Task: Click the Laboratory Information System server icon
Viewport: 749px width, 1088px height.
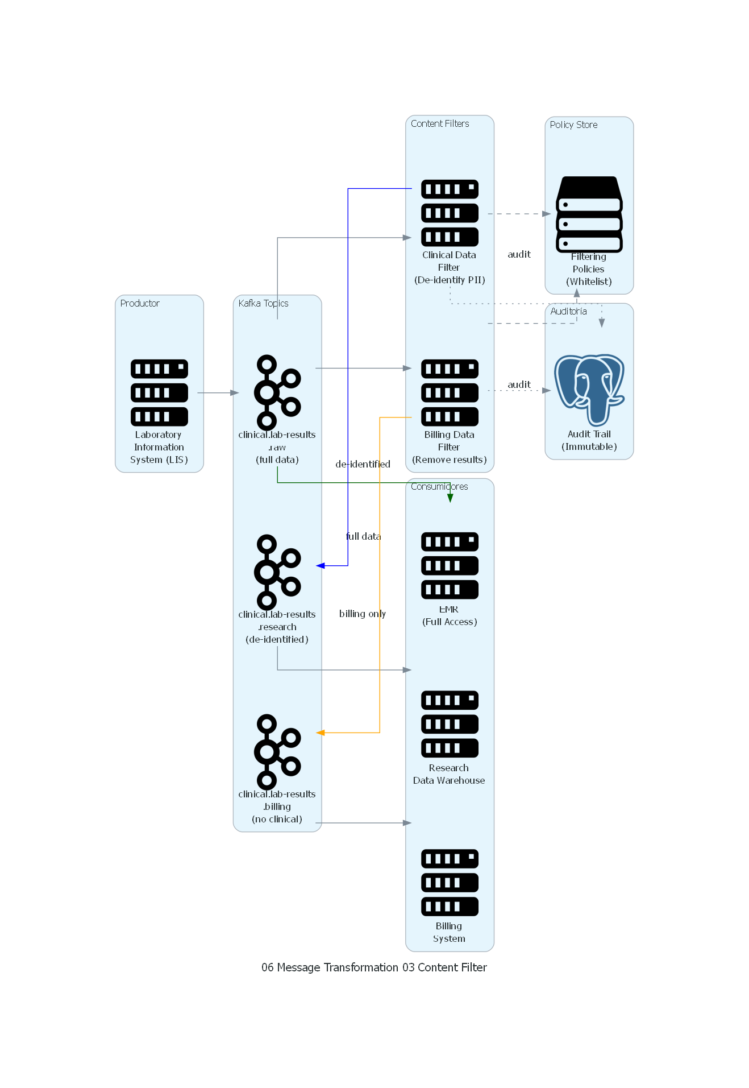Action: tap(159, 392)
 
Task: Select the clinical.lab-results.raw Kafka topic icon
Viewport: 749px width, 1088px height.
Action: tap(277, 392)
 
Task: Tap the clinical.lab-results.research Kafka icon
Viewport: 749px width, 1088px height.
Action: tap(277, 572)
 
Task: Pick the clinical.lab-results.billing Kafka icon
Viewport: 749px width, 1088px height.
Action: tap(277, 752)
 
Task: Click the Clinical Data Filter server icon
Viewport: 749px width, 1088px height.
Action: tap(450, 213)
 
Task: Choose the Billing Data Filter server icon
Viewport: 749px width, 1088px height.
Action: tap(450, 392)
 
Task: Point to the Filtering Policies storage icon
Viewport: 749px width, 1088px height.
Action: tap(589, 214)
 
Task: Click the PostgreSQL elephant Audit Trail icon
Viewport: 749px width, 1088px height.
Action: tap(589, 390)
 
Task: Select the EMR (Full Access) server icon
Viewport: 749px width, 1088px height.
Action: tap(450, 565)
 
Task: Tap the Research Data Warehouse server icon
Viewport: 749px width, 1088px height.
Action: tap(450, 724)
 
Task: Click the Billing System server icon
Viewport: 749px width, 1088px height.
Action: tap(450, 883)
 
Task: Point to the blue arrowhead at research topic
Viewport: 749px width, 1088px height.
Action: tap(321, 565)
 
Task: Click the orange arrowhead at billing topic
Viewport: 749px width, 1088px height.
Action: tap(321, 733)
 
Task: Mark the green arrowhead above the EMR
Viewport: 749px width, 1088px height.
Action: tap(450, 498)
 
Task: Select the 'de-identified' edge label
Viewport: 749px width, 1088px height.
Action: tap(363, 464)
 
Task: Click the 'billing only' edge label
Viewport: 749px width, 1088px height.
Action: tap(363, 614)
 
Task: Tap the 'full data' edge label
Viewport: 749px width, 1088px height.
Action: tap(364, 536)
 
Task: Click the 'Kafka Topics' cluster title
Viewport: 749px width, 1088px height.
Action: tap(263, 303)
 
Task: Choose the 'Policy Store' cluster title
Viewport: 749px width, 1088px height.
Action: tap(573, 125)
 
